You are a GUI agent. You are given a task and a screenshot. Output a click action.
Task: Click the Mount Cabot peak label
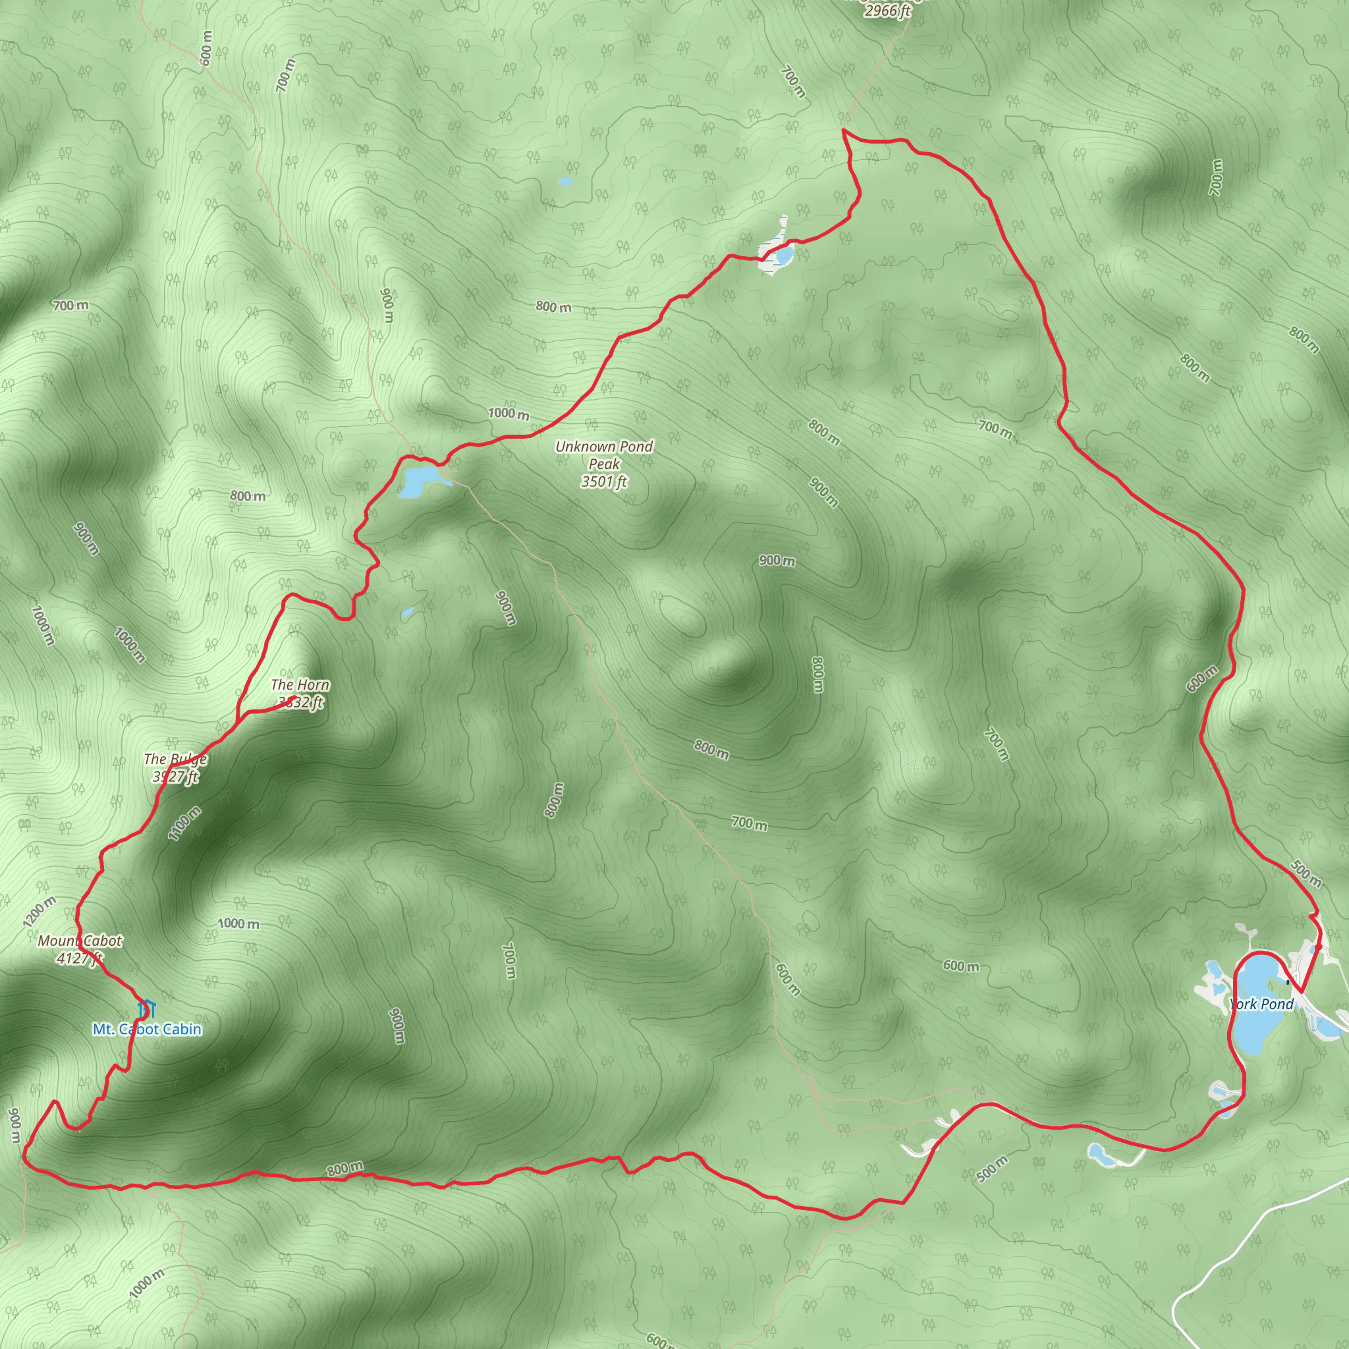(80, 941)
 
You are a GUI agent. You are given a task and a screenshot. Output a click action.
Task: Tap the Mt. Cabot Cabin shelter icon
(146, 1009)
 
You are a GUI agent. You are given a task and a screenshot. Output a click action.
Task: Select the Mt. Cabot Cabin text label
(147, 1030)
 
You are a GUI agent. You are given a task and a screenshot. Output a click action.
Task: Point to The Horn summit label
(300, 685)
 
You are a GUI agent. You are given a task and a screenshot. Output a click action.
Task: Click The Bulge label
(175, 759)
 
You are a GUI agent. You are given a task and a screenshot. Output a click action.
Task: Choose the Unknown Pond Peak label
(604, 454)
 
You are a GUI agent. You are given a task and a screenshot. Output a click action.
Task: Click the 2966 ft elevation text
(887, 11)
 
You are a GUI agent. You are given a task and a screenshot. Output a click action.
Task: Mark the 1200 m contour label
(38, 912)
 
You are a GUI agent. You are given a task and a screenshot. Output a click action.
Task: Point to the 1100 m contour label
(184, 823)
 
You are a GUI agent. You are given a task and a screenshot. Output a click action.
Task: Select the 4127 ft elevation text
(80, 958)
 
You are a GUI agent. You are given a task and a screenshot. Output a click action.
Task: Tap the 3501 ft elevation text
(604, 481)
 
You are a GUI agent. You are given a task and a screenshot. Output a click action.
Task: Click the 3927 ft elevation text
(175, 777)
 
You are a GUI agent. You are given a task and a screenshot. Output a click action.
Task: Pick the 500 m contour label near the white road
(991, 1169)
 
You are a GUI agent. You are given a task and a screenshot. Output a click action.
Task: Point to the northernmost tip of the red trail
(844, 130)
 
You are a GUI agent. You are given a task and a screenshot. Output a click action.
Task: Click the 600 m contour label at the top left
(206, 48)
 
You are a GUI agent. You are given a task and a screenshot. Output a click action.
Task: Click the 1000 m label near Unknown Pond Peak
(509, 414)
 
